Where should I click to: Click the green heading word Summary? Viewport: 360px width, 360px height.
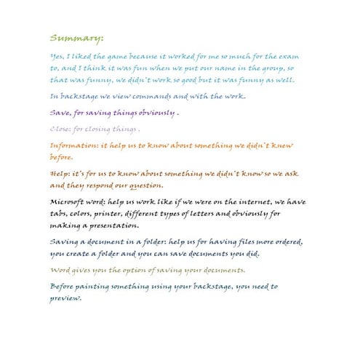tap(76, 38)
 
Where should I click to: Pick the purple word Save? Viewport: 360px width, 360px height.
tap(60, 113)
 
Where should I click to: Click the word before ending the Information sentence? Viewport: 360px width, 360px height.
tap(62, 158)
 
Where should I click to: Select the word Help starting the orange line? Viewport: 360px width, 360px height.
tap(60, 174)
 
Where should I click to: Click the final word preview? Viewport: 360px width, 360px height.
tap(65, 298)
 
